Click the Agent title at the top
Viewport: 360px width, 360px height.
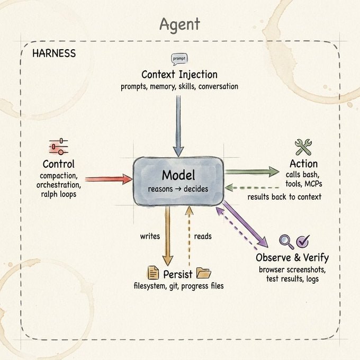(180, 25)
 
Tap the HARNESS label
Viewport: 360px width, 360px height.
(54, 53)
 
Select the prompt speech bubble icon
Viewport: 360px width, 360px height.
(179, 59)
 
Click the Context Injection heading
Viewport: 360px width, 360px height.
(179, 75)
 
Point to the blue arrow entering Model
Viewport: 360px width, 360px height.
(178, 126)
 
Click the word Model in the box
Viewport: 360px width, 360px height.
(178, 175)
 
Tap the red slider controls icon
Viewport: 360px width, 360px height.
(59, 147)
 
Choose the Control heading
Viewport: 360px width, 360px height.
(59, 164)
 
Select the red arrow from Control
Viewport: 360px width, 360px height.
(109, 179)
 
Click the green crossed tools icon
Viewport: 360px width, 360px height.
(303, 147)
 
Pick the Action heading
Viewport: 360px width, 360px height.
(303, 164)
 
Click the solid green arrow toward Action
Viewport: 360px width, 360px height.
(252, 172)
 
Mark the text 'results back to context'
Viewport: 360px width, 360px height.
(284, 197)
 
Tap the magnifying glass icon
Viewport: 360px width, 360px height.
(286, 242)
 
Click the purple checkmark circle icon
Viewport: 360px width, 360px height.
(303, 241)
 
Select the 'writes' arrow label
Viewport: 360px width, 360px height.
(150, 236)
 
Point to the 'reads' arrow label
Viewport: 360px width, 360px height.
(203, 236)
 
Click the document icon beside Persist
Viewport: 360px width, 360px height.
(153, 273)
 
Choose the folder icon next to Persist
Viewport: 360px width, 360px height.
(204, 273)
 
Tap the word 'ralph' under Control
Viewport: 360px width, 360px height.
(49, 194)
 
